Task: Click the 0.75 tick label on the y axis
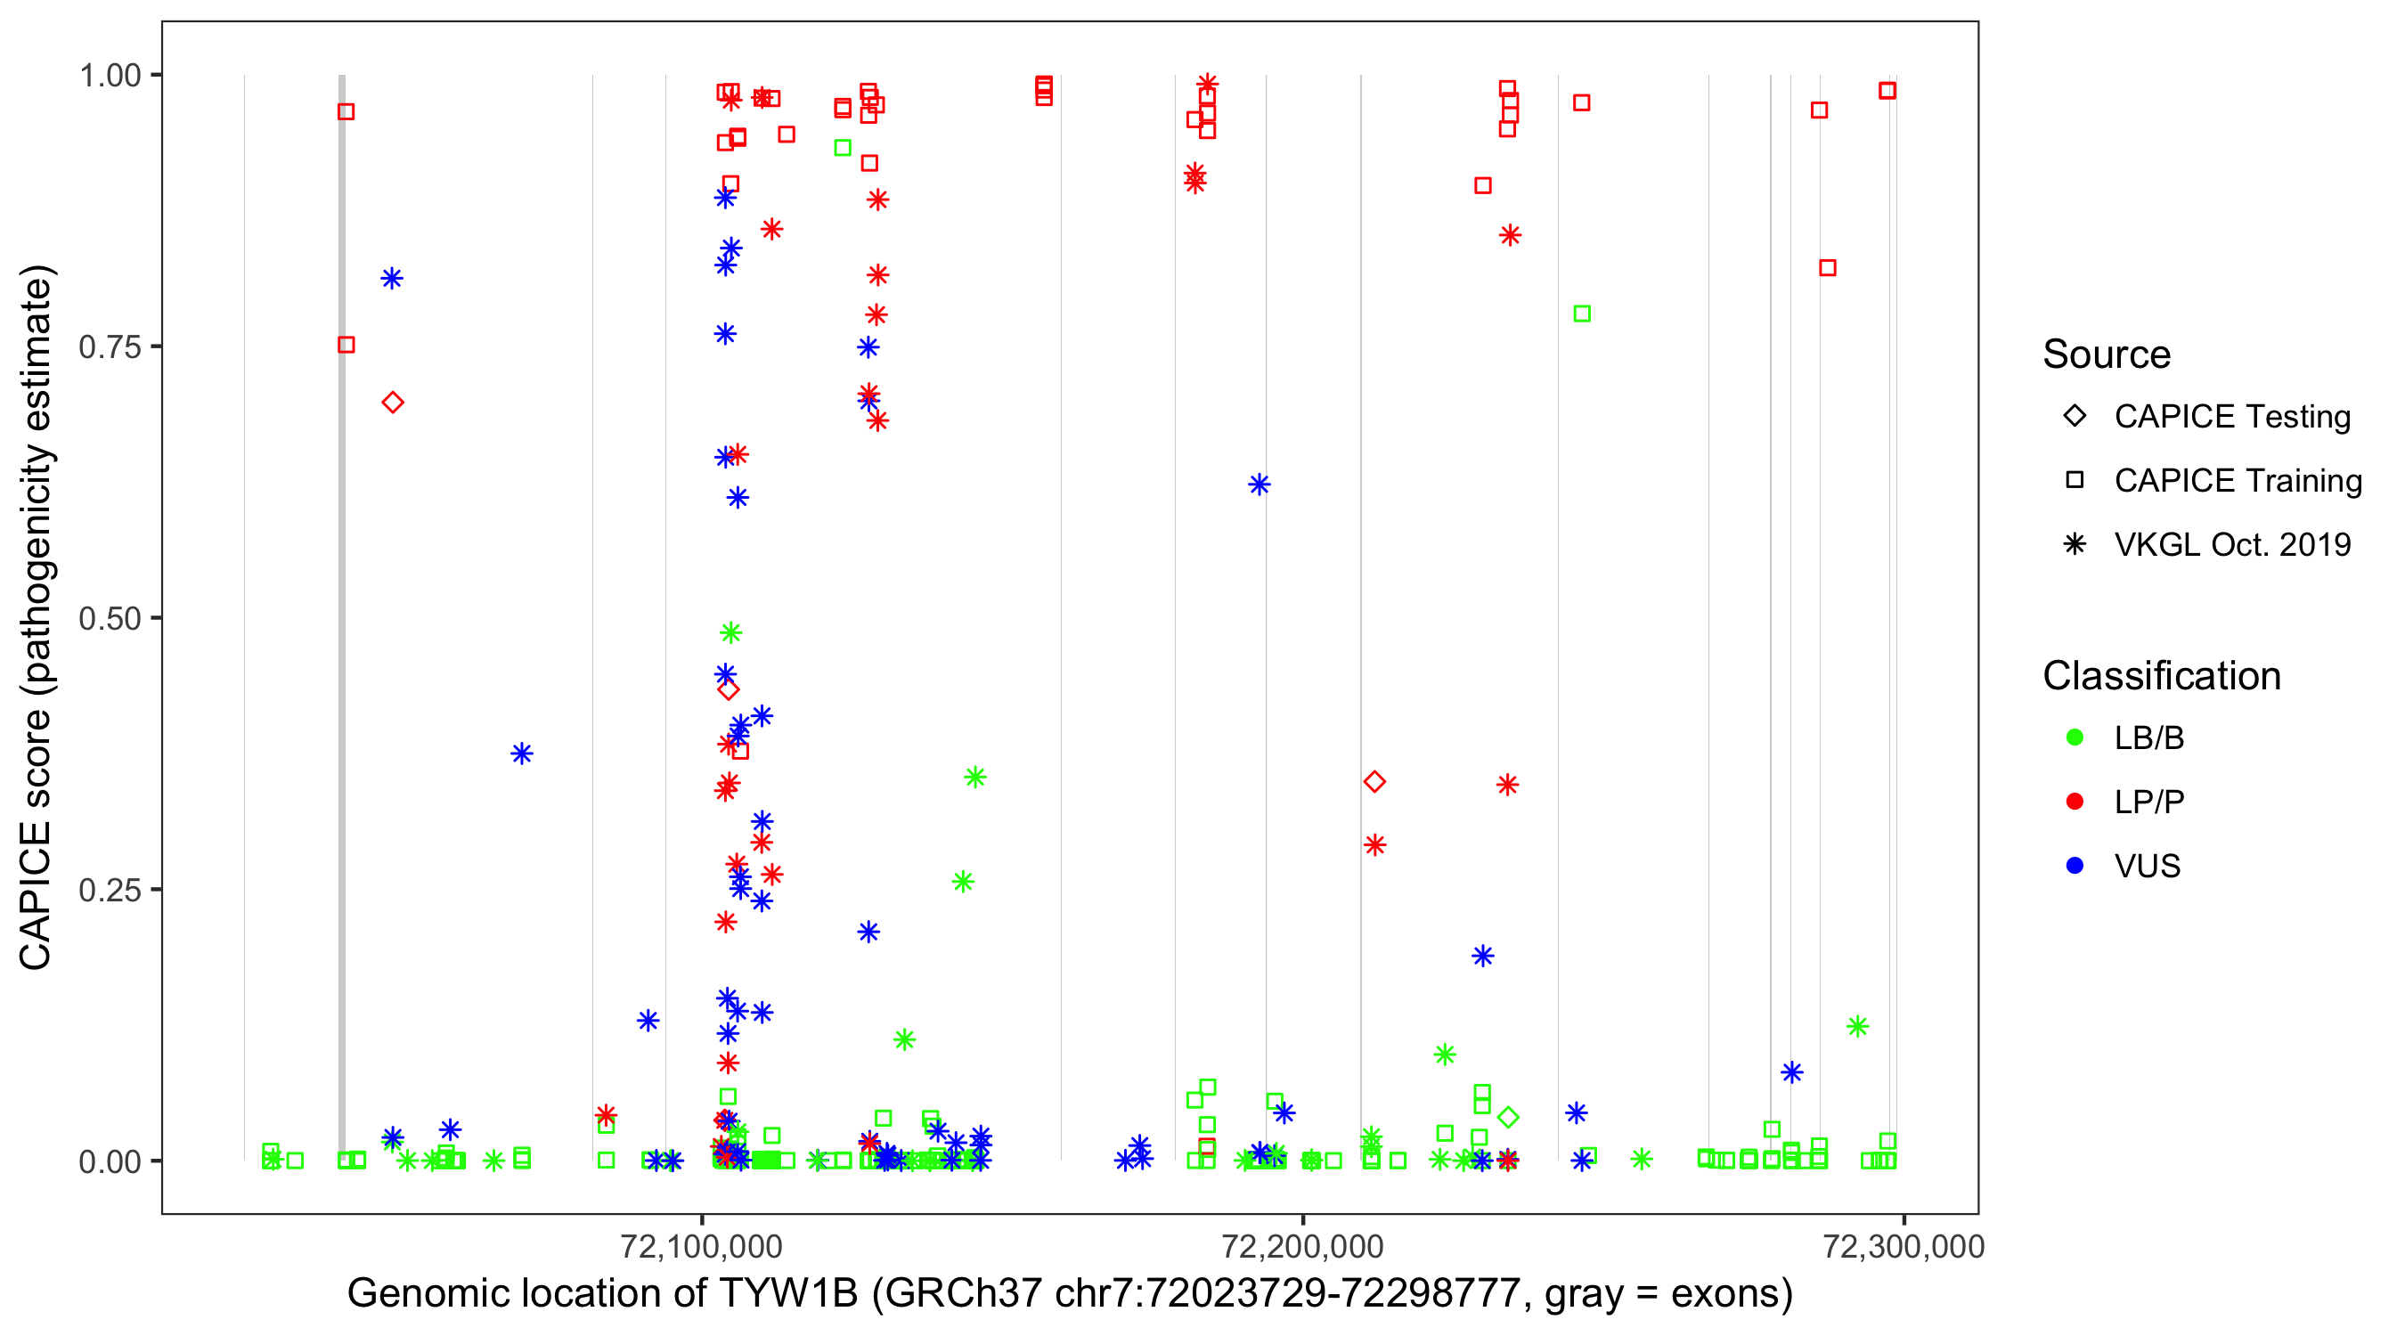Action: coord(109,347)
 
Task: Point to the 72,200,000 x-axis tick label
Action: coord(1302,1246)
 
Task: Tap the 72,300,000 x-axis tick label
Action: coord(1904,1246)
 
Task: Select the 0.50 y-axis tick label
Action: coord(109,619)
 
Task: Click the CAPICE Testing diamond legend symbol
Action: coord(2075,417)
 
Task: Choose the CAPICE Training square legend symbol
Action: coord(2075,481)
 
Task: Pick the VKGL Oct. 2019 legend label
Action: coord(2232,545)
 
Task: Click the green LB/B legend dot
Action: coord(2075,738)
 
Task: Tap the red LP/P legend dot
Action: coord(2075,802)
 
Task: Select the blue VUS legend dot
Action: coord(2075,867)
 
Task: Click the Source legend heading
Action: coord(2107,354)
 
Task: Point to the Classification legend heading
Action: coord(2161,677)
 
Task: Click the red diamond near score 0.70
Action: coord(393,403)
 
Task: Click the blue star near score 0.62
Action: coord(1260,485)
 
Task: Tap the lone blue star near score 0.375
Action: coord(522,754)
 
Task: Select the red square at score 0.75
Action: coord(346,346)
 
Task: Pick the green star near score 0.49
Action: coord(731,634)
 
